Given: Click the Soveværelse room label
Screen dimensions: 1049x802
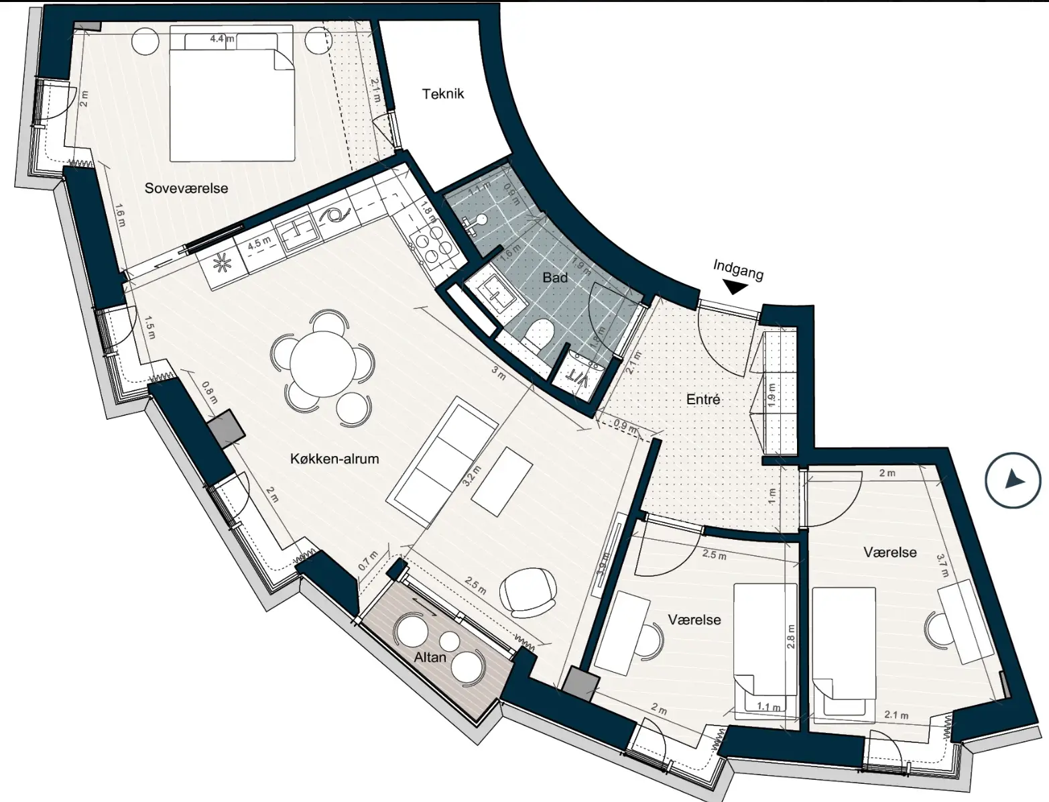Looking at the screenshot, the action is click(x=186, y=188).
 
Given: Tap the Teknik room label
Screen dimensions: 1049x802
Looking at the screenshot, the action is click(x=442, y=94).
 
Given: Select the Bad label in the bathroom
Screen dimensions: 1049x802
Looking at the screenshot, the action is click(x=555, y=277).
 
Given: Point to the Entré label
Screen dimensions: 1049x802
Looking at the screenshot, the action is click(x=703, y=399).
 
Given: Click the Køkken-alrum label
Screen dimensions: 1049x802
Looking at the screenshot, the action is click(x=334, y=459).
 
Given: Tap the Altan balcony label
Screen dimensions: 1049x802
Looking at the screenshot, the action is click(x=430, y=657).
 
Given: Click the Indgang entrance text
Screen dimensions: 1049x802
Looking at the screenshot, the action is click(x=738, y=270).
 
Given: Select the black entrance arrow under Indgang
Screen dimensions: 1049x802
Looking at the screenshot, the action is click(x=735, y=287).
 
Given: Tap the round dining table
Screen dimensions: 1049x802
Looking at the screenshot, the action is click(x=323, y=363).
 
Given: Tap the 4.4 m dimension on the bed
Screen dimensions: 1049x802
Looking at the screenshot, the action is click(x=222, y=38).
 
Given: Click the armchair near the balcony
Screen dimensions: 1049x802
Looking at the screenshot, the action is click(x=528, y=593).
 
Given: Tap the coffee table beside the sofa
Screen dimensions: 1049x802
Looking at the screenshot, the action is click(x=502, y=481).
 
